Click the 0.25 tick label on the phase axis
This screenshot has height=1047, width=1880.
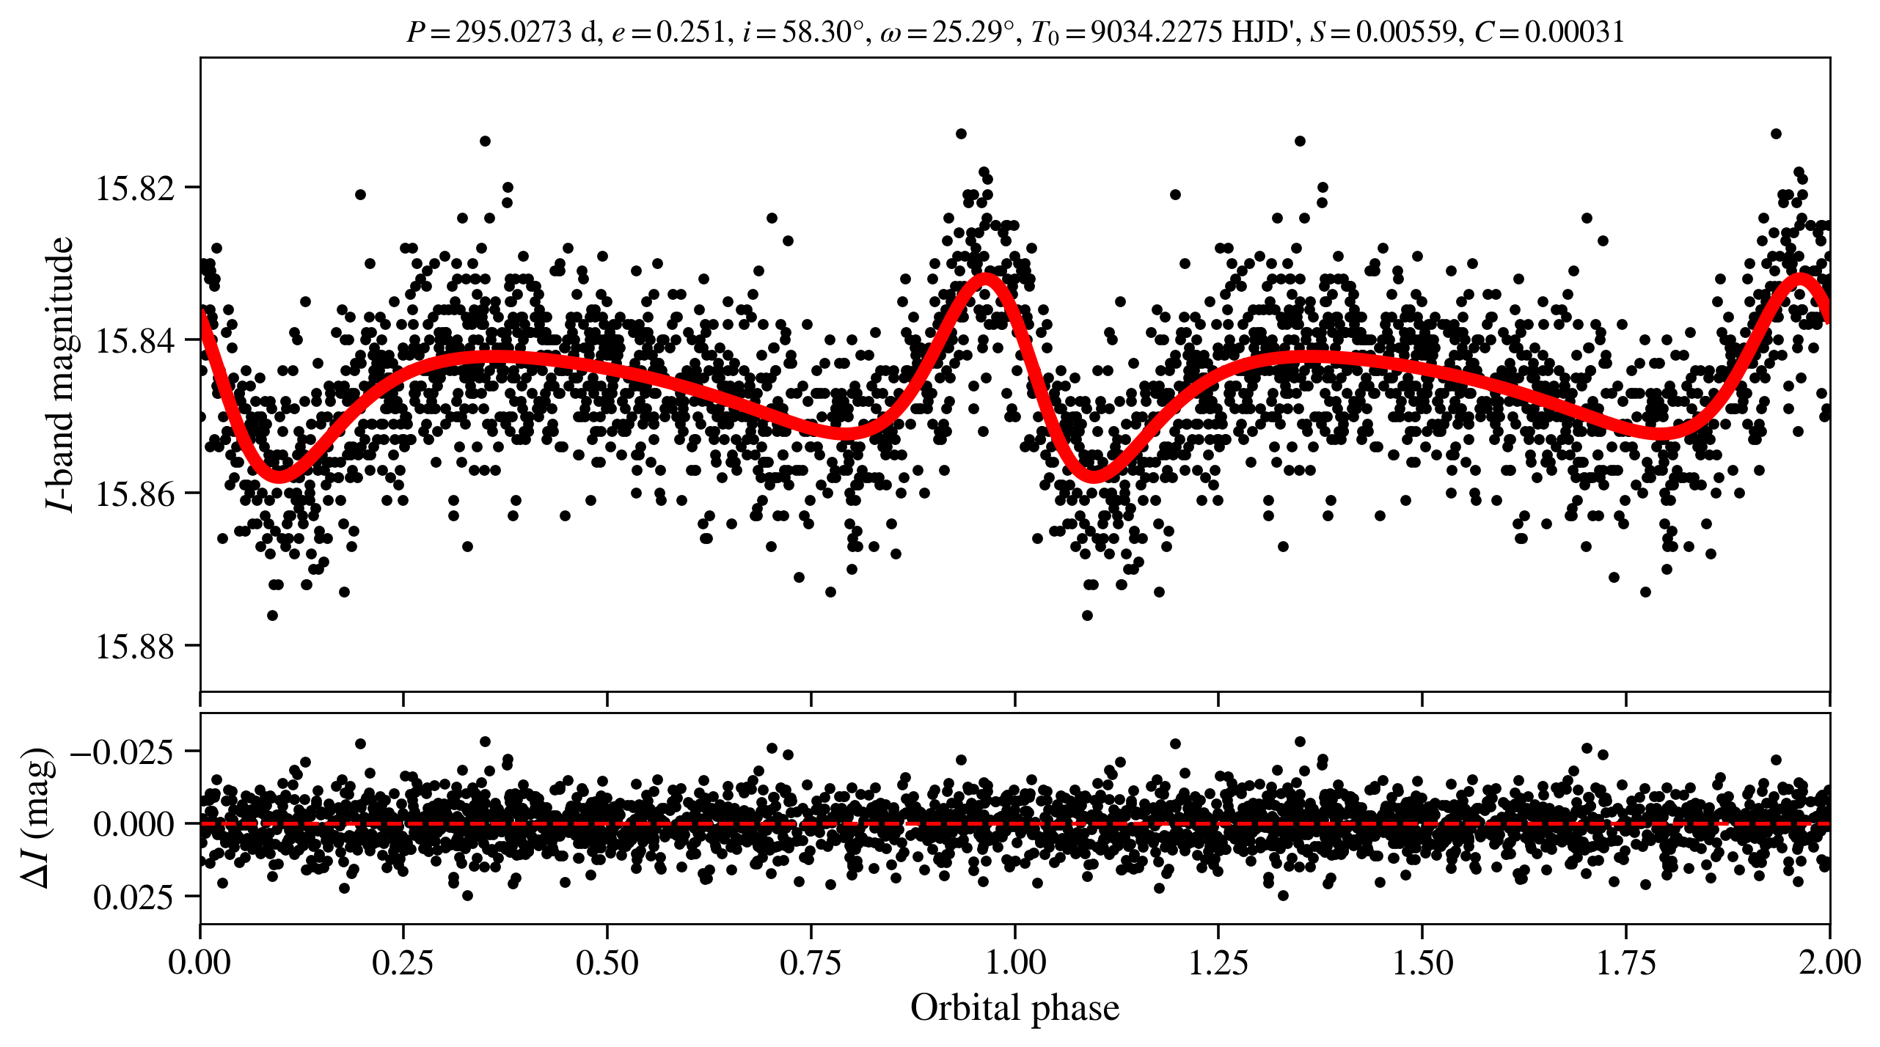403,962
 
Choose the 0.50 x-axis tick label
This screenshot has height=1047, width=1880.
607,962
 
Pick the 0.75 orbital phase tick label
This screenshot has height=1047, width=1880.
811,962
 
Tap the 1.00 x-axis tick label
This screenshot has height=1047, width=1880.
1014,962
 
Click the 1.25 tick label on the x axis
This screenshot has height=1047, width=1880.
1218,962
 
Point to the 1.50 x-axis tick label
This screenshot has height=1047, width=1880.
1422,962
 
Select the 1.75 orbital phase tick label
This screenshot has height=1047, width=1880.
1625,962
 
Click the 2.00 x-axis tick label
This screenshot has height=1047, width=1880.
1829,962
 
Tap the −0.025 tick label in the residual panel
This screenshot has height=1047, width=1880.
123,752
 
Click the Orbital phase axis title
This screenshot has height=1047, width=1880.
1014,1007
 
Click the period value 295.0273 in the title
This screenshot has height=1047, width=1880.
513,32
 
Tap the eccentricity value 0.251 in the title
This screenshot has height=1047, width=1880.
690,32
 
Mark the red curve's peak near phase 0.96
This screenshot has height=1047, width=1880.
985,279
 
